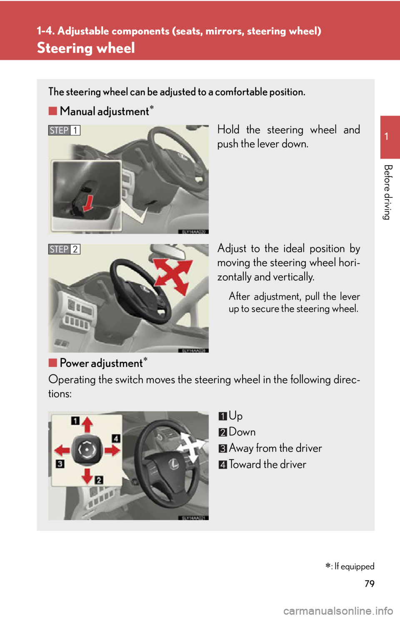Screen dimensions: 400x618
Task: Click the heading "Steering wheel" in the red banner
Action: pyautogui.click(x=86, y=48)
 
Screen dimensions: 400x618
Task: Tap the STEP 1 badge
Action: pyautogui.click(x=64, y=130)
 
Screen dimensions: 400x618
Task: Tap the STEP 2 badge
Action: pyautogui.click(x=64, y=249)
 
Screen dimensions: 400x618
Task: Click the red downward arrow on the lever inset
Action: pyautogui.click(x=88, y=203)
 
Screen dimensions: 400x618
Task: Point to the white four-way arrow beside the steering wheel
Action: pyautogui.click(x=191, y=447)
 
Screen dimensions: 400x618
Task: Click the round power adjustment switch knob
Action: pyautogui.click(x=87, y=450)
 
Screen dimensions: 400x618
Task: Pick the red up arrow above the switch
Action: pyautogui.click(x=87, y=424)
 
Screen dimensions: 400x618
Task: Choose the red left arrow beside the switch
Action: pyautogui.click(x=62, y=451)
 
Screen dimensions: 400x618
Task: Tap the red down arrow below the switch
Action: pyautogui.click(x=87, y=476)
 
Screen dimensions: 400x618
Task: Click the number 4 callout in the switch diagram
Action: pyautogui.click(x=116, y=438)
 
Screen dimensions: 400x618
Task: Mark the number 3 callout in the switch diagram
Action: pyautogui.click(x=60, y=463)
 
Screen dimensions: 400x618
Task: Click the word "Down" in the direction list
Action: pyautogui.click(x=242, y=432)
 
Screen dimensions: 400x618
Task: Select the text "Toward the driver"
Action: pyautogui.click(x=267, y=464)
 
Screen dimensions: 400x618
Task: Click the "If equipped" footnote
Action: pyautogui.click(x=350, y=566)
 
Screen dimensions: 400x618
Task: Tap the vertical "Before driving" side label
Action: pyautogui.click(x=387, y=192)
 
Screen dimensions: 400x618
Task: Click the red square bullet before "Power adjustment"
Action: pyautogui.click(x=52, y=363)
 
